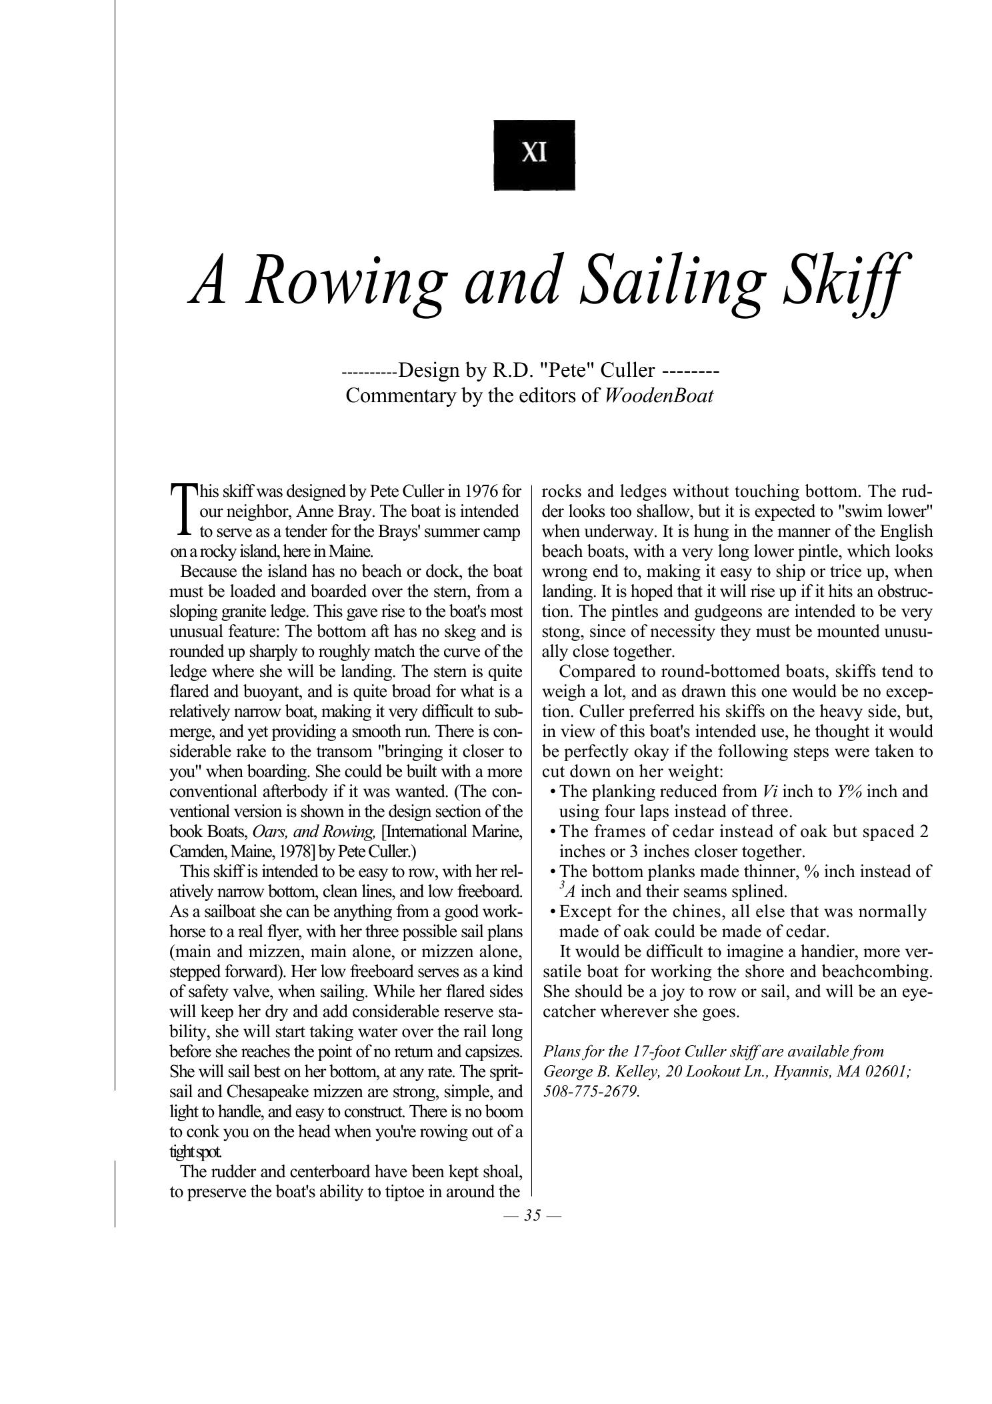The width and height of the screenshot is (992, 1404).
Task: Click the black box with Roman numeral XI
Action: (534, 155)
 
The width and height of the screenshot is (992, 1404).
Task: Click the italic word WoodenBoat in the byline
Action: (658, 396)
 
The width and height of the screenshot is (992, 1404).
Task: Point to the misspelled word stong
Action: (559, 632)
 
